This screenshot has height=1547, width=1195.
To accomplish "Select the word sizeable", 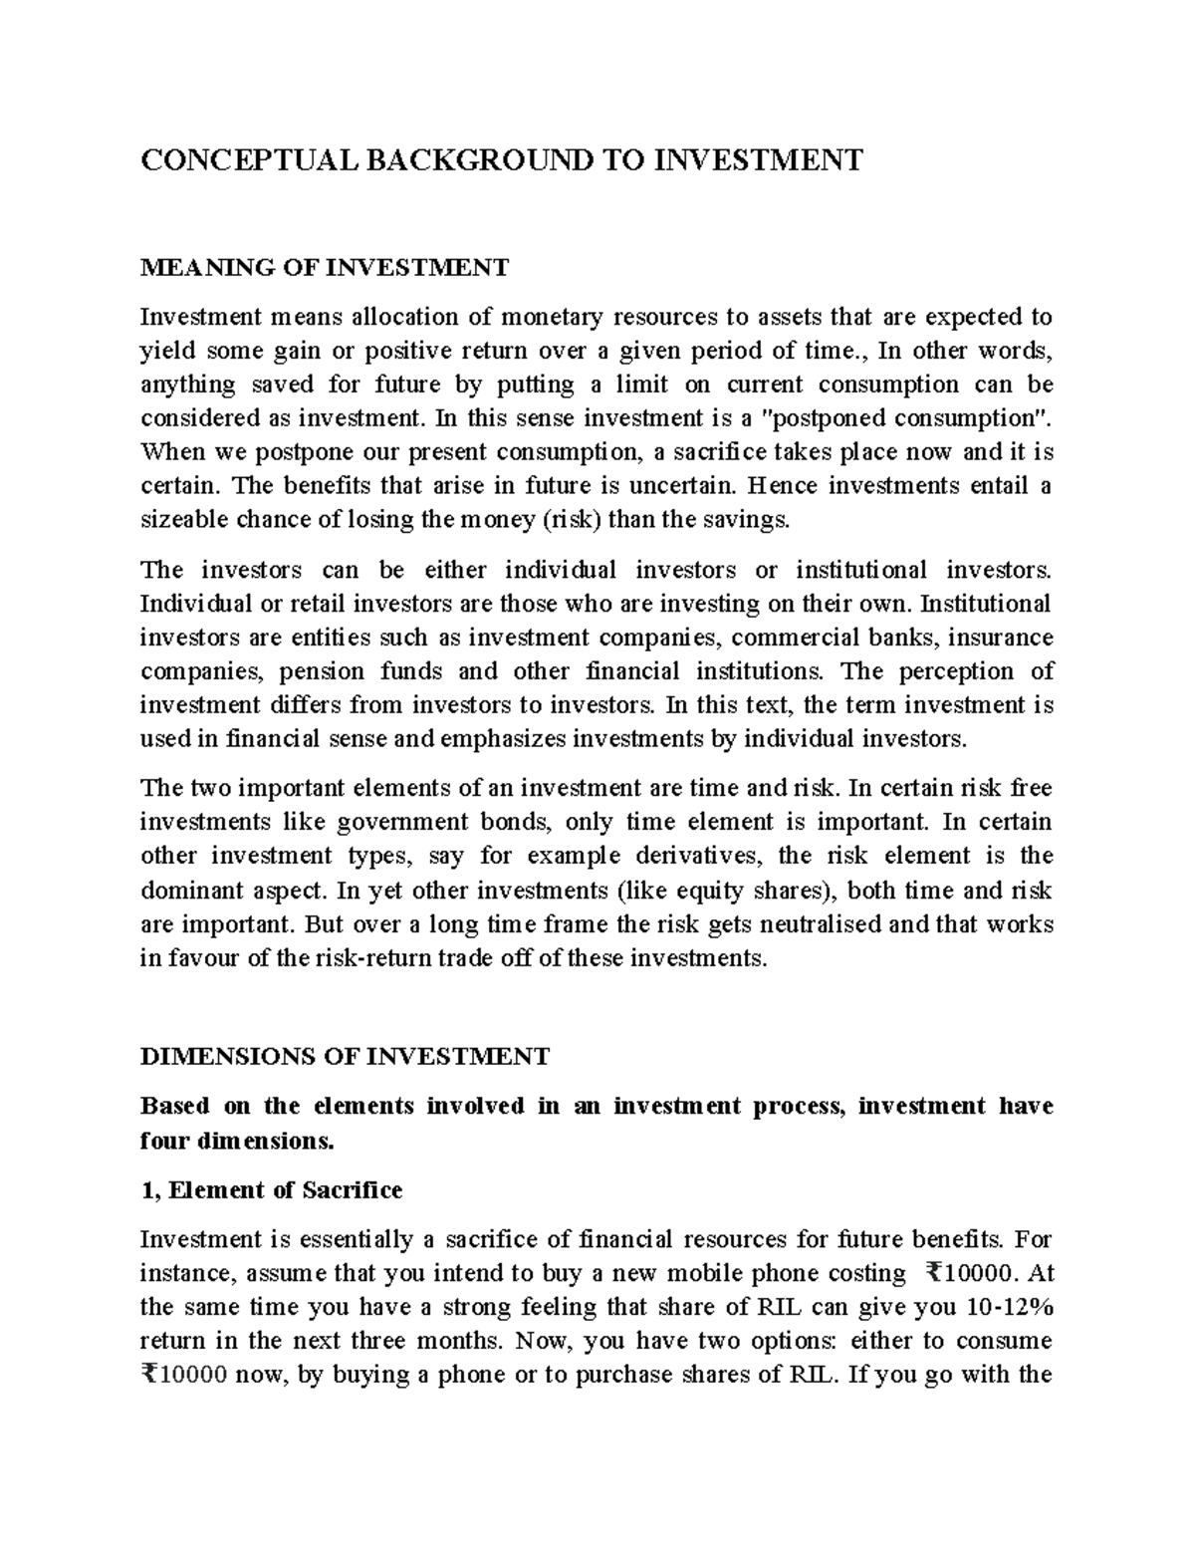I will [x=177, y=520].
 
